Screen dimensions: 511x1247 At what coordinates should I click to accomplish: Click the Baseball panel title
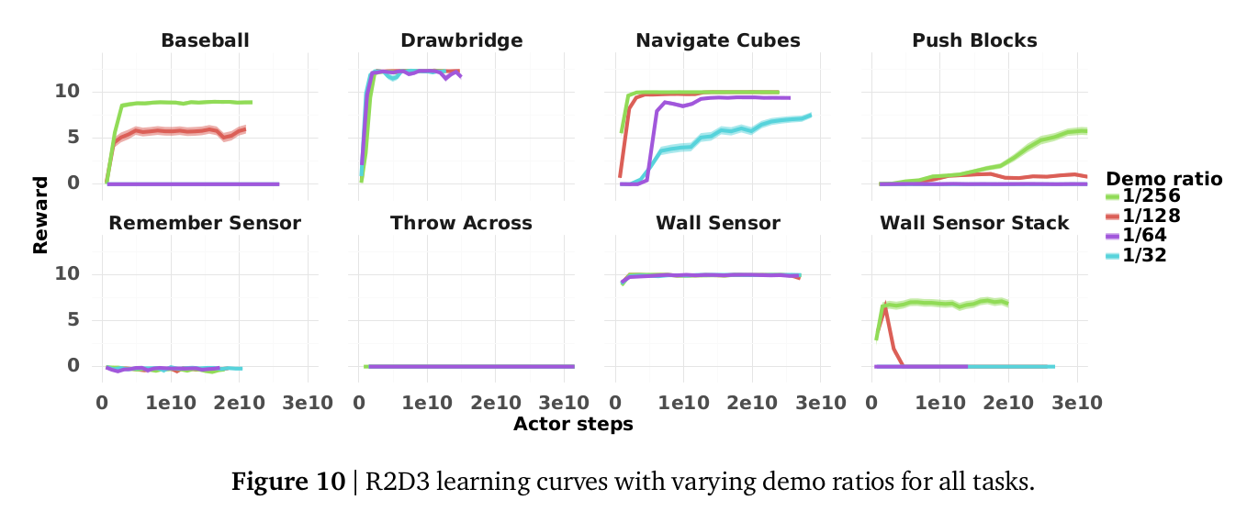[205, 40]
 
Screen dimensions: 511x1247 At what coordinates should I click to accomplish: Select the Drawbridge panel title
[461, 40]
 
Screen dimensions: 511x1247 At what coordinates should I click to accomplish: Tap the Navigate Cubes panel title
[717, 40]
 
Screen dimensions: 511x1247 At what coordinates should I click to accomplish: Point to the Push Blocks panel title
[974, 40]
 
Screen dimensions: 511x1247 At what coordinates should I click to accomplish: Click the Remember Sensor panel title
[205, 223]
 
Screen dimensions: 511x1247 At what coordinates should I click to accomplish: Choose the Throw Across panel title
[461, 223]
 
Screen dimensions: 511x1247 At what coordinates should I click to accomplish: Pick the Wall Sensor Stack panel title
[974, 223]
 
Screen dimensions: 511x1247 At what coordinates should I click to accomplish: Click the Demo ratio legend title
[1164, 178]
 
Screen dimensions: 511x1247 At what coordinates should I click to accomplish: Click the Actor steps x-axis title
[573, 424]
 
